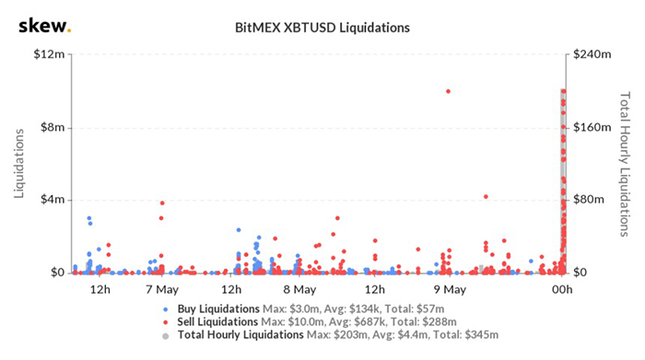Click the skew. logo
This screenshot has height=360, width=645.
click(x=43, y=25)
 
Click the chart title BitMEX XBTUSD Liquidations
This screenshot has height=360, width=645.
click(x=322, y=27)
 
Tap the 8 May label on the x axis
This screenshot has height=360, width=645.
click(x=299, y=289)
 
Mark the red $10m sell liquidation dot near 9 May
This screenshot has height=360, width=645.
click(x=448, y=91)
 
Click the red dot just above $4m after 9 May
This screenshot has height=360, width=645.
click(x=486, y=196)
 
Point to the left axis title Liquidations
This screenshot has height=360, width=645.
click(x=19, y=163)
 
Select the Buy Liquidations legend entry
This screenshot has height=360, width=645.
click(x=218, y=308)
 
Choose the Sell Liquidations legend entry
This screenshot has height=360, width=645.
click(x=218, y=322)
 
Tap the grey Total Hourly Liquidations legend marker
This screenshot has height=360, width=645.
click(x=165, y=337)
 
